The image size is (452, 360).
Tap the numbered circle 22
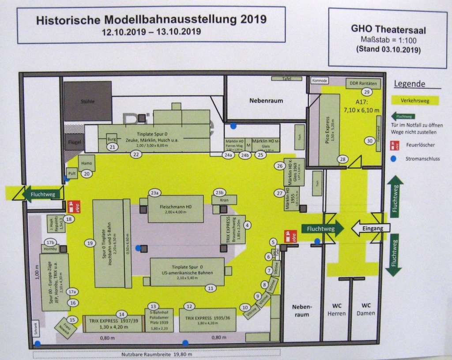coord(136,154)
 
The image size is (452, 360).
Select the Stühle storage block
coord(87,101)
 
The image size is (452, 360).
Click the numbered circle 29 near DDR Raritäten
coord(366,92)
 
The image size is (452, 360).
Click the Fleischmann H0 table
coord(173,209)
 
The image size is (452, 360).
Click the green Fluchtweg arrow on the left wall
coord(38,194)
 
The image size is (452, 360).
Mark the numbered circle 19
coord(90,243)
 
